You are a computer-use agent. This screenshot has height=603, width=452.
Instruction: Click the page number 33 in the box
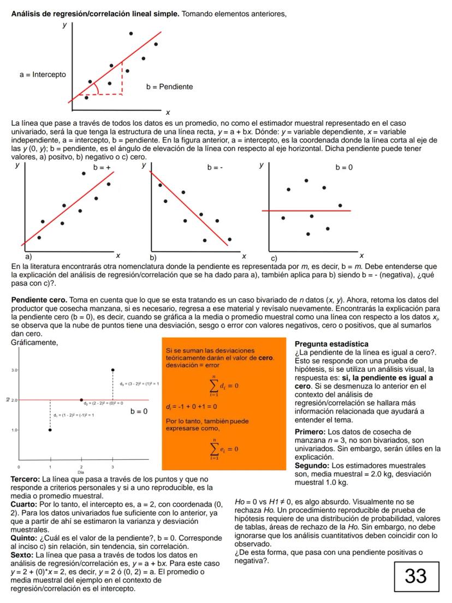(415, 575)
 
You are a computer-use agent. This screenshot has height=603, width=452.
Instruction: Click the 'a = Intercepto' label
(43, 74)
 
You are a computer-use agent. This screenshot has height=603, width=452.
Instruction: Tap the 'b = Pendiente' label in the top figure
(169, 86)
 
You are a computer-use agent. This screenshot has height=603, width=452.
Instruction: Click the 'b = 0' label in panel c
(344, 167)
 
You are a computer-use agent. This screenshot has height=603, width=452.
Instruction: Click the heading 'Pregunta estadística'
(331, 344)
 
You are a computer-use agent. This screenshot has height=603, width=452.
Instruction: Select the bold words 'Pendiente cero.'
(37, 300)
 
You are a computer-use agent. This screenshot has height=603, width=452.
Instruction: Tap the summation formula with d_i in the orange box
(223, 386)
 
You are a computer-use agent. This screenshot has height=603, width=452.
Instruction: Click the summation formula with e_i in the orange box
(223, 448)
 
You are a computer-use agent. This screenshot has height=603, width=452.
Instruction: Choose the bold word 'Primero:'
(311, 432)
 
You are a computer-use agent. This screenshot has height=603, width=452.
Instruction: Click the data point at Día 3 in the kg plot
(113, 370)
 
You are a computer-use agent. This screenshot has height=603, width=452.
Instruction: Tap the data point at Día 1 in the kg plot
(50, 430)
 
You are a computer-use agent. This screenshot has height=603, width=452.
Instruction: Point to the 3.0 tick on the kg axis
(15, 371)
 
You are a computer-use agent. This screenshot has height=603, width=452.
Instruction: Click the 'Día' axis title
(81, 471)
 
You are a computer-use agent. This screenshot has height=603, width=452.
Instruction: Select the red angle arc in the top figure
(97, 88)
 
